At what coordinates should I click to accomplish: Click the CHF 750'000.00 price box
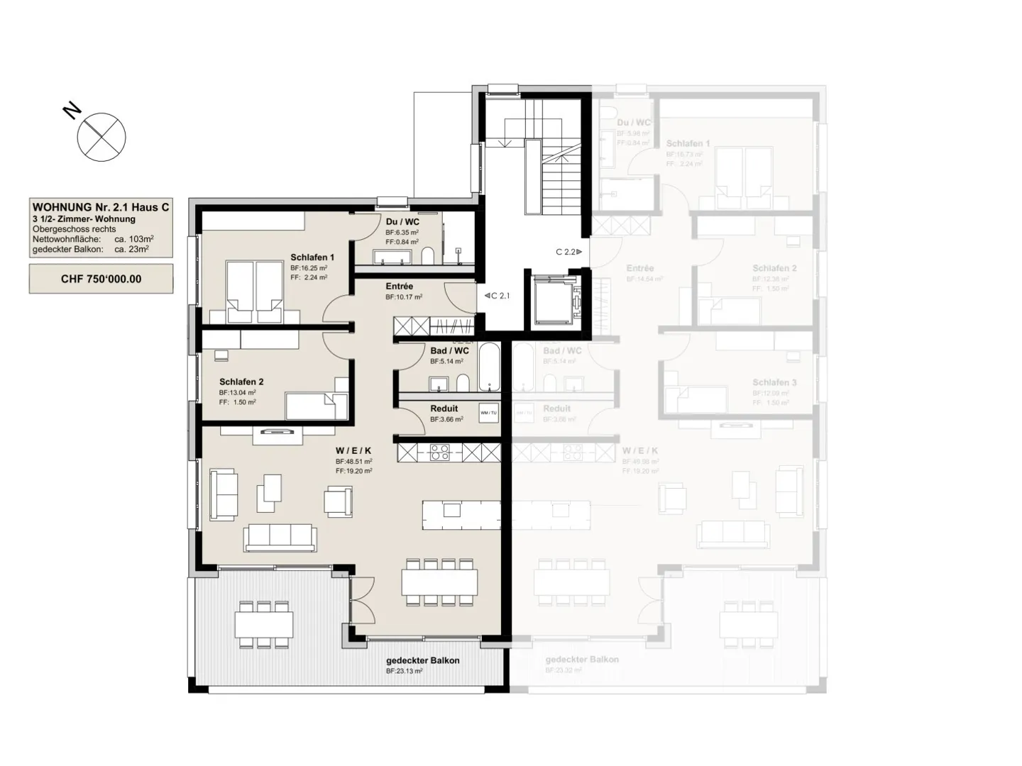101,279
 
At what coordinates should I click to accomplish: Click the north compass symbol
101,137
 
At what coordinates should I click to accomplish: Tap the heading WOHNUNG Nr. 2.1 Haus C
101,207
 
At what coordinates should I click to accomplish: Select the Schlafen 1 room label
312,257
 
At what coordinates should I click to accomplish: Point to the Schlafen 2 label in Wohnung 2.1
241,382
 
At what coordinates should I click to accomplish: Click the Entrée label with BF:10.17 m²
399,287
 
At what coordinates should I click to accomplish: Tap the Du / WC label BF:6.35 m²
402,222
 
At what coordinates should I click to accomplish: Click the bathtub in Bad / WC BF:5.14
489,367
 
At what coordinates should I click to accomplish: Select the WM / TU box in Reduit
488,413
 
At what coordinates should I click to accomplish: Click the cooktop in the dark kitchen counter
440,452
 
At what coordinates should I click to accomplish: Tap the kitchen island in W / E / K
461,514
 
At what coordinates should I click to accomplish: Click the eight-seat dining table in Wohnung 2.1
439,582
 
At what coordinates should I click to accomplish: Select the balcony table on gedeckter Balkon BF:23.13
264,625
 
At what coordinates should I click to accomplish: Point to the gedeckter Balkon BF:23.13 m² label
422,660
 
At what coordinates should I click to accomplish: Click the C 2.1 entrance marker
498,296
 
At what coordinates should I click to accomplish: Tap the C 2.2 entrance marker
568,252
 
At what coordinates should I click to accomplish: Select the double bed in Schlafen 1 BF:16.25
253,291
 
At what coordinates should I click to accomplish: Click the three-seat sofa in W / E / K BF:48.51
280,537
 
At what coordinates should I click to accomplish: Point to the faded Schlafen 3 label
774,382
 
